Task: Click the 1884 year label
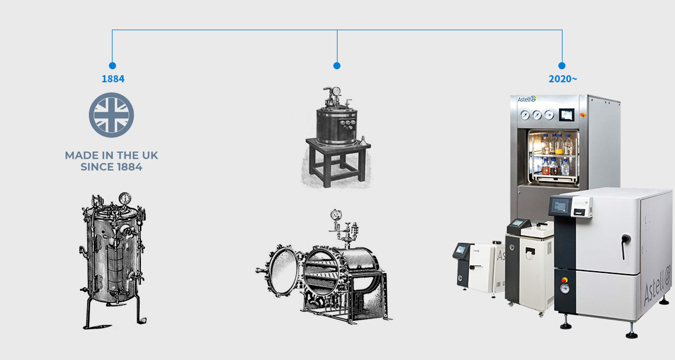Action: point(112,79)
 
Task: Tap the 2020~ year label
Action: point(562,79)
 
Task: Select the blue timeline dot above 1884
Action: point(112,66)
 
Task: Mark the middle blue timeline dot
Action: point(337,66)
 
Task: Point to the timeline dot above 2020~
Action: point(562,66)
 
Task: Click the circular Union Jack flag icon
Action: point(111,115)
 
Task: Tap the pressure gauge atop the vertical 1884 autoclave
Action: point(126,198)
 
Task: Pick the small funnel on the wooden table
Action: point(362,142)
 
